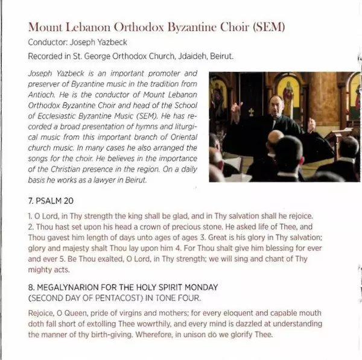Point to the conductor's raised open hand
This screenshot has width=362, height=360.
pos(311,125)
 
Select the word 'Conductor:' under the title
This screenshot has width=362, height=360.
pos(46,43)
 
